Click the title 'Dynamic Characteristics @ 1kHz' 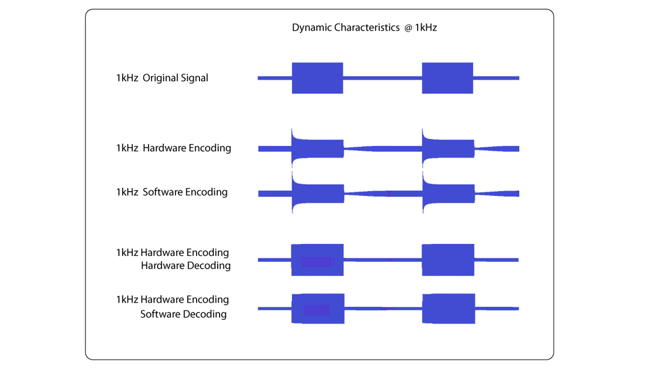pos(364,28)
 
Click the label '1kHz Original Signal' pos(162,78)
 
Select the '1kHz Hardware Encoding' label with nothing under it pos(174,148)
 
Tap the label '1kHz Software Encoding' pos(172,192)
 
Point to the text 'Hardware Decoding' pos(186,266)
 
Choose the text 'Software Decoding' pos(184,314)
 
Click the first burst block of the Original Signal pos(317,78)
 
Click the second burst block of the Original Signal pos(448,78)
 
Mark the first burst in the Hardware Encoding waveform pos(317,149)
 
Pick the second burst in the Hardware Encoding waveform pos(448,149)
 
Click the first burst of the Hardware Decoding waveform pos(317,260)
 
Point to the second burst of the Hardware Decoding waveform pos(448,260)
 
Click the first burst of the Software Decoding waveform pos(318,309)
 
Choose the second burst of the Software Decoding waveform pos(449,309)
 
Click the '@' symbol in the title pos(409,28)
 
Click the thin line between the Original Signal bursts pos(383,78)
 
